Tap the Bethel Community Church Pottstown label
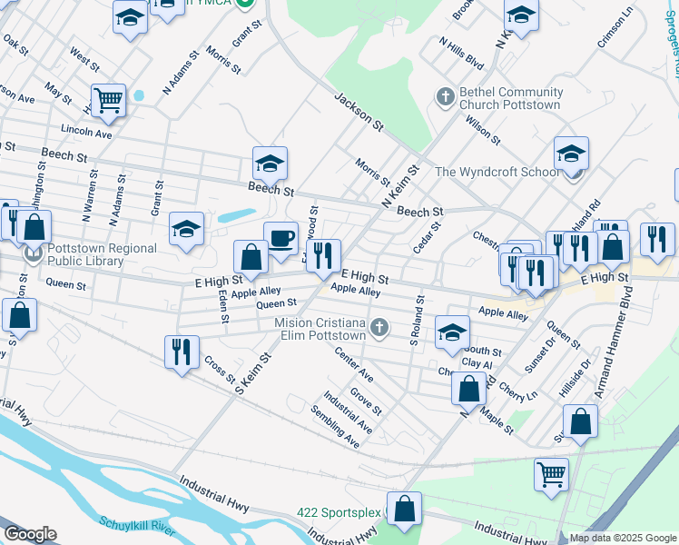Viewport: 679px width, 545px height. pyautogui.click(x=511, y=99)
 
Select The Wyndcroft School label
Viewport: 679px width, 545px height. pyautogui.click(x=497, y=172)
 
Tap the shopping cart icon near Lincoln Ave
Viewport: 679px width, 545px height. pyautogui.click(x=108, y=101)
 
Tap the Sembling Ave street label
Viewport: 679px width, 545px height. pyautogui.click(x=335, y=433)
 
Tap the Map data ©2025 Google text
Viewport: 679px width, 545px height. pyautogui.click(x=623, y=538)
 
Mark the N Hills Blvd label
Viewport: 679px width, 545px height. pyautogui.click(x=461, y=54)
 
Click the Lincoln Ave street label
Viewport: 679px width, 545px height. pyautogui.click(x=87, y=134)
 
